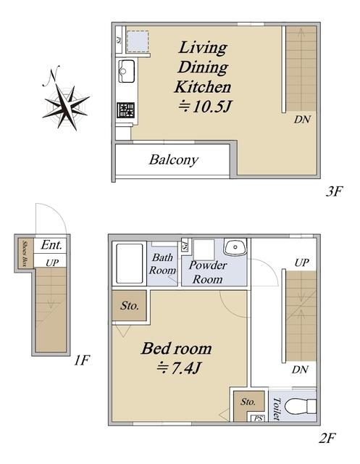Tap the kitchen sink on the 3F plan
[x=127, y=71]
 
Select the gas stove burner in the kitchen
[x=125, y=110]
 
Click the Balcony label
[x=174, y=160]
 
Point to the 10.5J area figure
[x=205, y=107]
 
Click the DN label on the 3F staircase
[x=302, y=120]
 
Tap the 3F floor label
[x=334, y=191]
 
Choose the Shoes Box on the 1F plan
[x=26, y=253]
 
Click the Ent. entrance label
[x=51, y=245]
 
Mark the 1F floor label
[x=82, y=360]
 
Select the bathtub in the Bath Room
[x=129, y=263]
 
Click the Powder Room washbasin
[x=235, y=246]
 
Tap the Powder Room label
[x=208, y=273]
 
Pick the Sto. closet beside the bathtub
[x=130, y=305]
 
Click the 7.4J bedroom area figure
[x=179, y=368]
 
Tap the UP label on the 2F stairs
[x=301, y=262]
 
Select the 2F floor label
[x=327, y=438]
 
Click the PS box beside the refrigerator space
[x=119, y=40]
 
